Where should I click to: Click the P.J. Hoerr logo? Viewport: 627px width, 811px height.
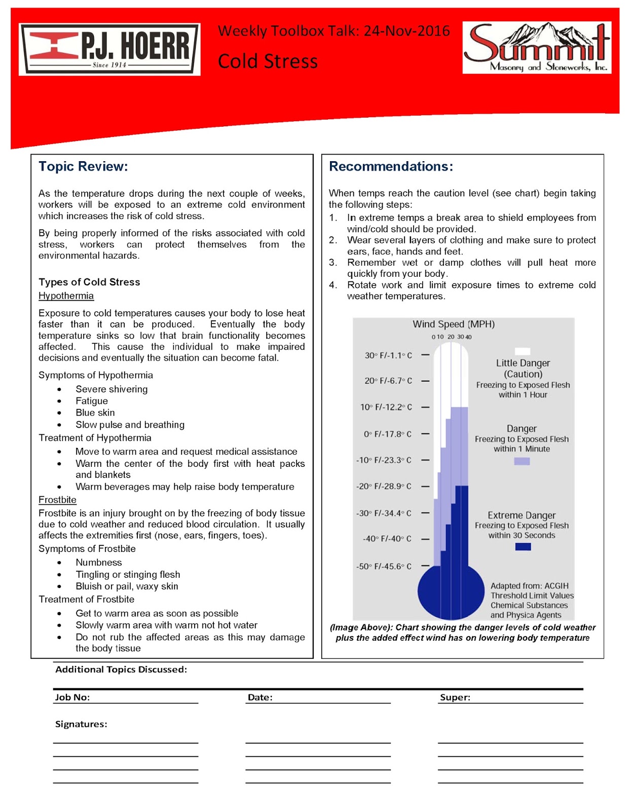(x=109, y=49)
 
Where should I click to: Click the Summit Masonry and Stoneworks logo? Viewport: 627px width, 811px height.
(x=536, y=48)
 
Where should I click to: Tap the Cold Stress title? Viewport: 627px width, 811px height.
(x=268, y=61)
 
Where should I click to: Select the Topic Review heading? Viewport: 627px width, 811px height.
(x=83, y=166)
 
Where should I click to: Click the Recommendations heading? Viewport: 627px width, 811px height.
(x=391, y=166)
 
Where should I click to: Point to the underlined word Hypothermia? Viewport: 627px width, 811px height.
(x=66, y=296)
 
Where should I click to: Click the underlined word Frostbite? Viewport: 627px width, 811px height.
(x=57, y=500)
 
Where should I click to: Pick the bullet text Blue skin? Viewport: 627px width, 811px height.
(x=95, y=413)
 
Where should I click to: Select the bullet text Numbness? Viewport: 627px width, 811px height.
(x=98, y=562)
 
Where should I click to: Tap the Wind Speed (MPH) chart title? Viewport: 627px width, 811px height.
(x=453, y=324)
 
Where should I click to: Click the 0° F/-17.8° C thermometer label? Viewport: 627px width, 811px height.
(x=388, y=434)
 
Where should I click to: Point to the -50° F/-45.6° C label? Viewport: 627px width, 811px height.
(x=384, y=566)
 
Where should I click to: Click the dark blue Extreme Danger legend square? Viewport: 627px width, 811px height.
(x=523, y=546)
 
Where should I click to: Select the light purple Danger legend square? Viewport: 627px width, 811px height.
(x=522, y=461)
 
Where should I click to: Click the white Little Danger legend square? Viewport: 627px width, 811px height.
(x=522, y=351)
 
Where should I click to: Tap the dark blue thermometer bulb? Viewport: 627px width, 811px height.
(x=451, y=592)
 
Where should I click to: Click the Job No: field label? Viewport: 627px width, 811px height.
(x=72, y=697)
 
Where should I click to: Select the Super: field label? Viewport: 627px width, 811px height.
(x=455, y=697)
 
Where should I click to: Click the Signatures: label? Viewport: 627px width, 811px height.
(x=81, y=724)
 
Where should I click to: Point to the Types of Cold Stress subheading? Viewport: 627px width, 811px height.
(x=89, y=282)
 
